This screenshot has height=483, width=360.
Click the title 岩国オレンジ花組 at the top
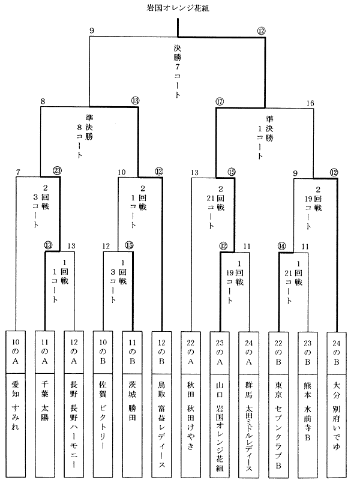point(178,9)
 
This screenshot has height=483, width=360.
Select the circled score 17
point(220,102)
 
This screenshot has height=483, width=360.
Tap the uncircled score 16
point(310,103)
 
